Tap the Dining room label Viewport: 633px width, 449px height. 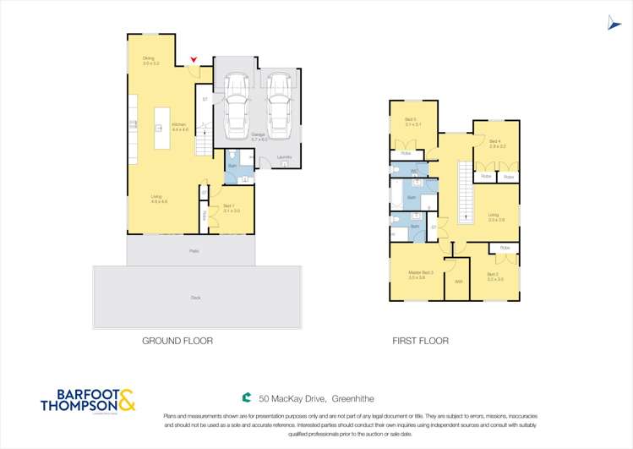click(150, 61)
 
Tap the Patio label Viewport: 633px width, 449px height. click(194, 251)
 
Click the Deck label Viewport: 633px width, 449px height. click(196, 298)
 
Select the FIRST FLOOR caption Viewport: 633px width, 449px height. click(420, 341)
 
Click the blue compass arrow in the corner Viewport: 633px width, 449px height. click(614, 25)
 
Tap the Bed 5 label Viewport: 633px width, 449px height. click(412, 122)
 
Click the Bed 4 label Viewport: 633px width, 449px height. click(496, 143)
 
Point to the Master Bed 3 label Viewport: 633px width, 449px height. click(420, 274)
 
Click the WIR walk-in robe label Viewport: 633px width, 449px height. click(458, 282)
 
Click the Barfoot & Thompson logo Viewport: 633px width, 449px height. click(88, 400)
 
